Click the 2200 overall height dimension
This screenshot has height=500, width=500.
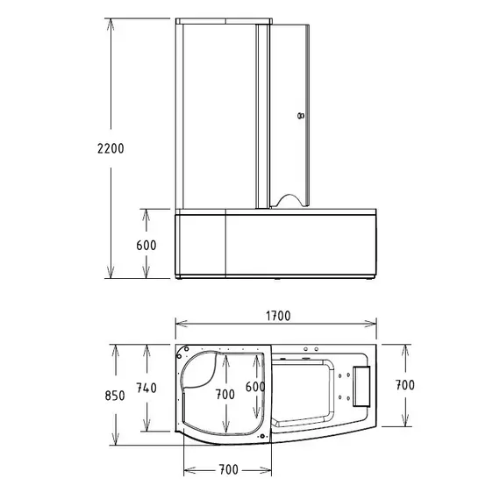[110, 148]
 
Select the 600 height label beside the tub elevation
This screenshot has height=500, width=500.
[146, 246]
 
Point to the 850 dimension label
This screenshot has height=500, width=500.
[113, 395]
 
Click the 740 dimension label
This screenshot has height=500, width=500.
[146, 388]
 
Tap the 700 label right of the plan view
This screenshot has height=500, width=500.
[404, 384]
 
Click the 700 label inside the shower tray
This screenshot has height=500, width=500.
[225, 394]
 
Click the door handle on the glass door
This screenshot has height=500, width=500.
[300, 114]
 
